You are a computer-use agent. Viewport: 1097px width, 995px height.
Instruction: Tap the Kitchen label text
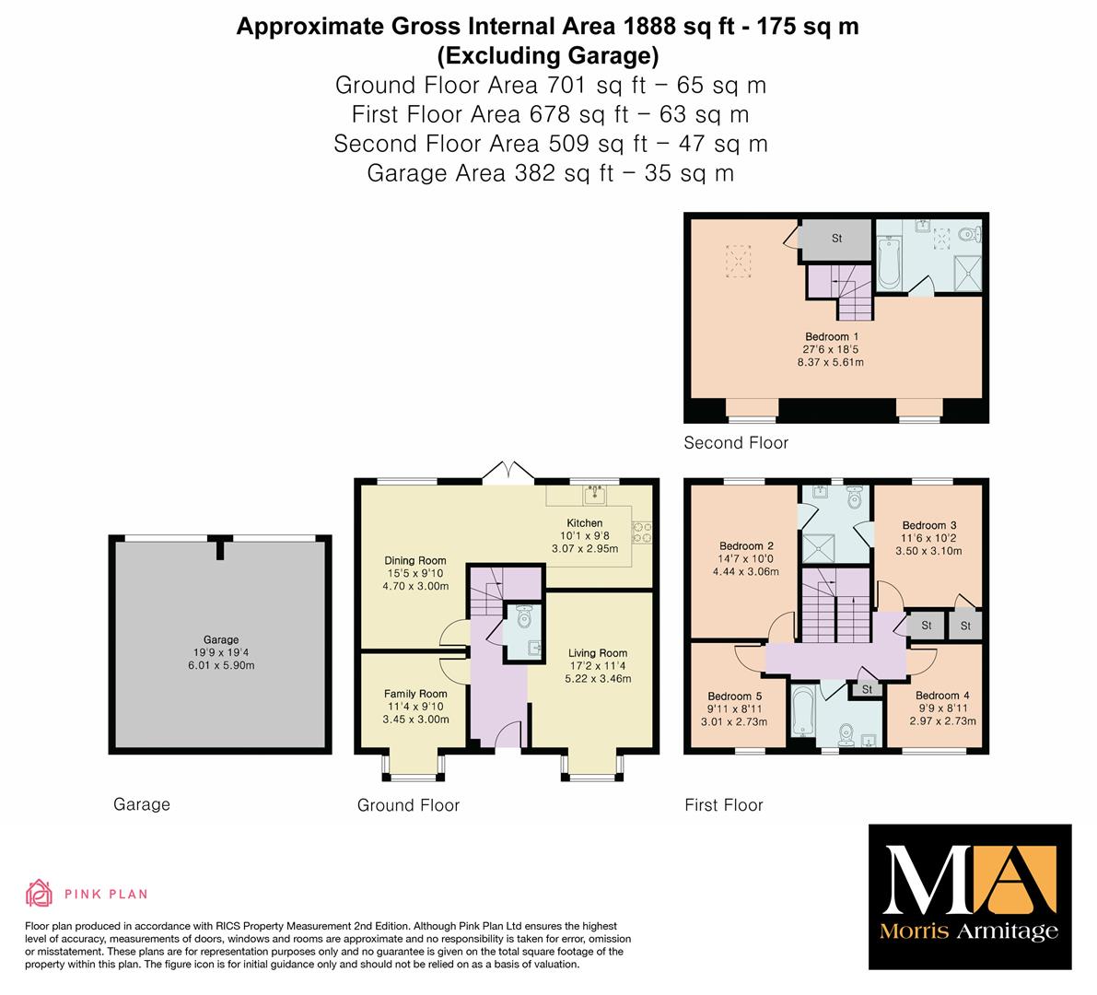584,522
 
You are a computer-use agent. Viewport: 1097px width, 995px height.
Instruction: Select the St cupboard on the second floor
836,240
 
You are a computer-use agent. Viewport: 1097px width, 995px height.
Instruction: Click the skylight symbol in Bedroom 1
738,261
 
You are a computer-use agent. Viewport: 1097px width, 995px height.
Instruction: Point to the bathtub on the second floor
888,263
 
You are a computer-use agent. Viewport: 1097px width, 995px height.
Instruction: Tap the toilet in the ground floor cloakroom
525,617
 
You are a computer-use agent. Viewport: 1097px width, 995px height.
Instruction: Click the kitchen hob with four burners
642,533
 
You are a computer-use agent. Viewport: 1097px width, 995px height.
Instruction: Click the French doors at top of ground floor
508,473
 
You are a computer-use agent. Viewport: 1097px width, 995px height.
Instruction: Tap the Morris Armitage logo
970,897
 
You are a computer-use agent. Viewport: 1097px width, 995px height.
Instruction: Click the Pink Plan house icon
40,894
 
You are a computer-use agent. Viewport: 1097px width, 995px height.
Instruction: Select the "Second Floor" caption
736,443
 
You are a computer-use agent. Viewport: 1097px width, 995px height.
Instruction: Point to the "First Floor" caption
723,805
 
